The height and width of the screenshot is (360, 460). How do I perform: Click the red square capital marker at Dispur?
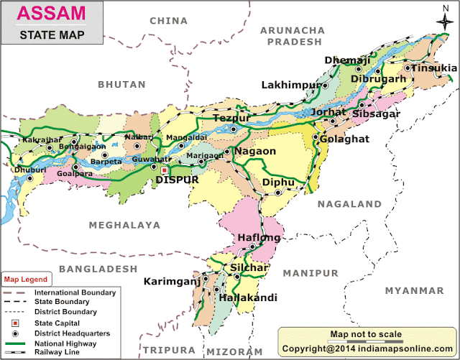click(164, 171)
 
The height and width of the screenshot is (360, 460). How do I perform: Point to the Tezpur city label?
click(231, 117)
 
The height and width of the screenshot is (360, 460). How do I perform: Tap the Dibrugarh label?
click(379, 78)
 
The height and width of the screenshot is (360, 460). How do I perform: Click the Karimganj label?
click(172, 281)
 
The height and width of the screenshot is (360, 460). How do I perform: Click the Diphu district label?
click(278, 183)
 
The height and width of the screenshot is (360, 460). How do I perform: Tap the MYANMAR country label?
click(414, 290)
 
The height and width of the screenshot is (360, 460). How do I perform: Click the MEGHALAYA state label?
click(124, 225)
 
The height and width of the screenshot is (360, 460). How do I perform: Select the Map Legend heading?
click(26, 279)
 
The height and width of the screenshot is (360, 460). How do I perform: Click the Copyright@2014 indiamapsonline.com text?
click(368, 347)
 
